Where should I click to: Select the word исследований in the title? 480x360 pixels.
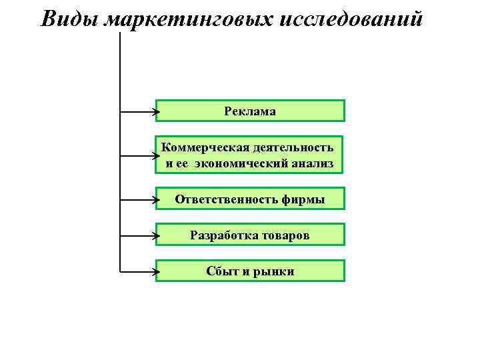(353, 19)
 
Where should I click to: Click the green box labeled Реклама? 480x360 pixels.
(250, 111)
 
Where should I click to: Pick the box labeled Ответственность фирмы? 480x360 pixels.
(250, 199)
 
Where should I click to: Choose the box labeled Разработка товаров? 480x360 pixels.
(250, 235)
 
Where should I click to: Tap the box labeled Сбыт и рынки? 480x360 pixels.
(250, 271)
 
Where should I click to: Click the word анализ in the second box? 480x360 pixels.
(311, 163)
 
